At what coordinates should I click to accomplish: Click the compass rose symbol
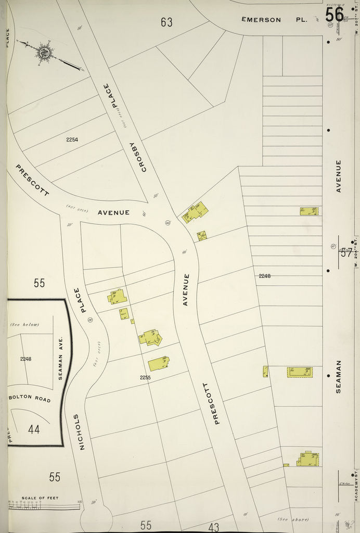pyautogui.click(x=44, y=52)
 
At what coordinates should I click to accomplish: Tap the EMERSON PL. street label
pyautogui.click(x=274, y=20)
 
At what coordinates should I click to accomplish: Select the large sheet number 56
pyautogui.click(x=335, y=14)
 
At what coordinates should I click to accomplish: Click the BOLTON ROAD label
pyautogui.click(x=29, y=400)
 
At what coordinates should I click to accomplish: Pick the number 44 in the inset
pyautogui.click(x=34, y=429)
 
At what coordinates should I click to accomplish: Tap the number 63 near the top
pyautogui.click(x=166, y=22)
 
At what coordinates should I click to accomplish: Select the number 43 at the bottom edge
pyautogui.click(x=213, y=527)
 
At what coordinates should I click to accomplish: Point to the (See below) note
pyautogui.click(x=25, y=325)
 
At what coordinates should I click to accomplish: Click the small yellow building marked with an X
pyautogui.click(x=202, y=236)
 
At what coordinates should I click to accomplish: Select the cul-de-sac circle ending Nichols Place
pyautogui.click(x=96, y=517)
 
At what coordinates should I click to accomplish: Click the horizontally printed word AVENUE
pyautogui.click(x=113, y=212)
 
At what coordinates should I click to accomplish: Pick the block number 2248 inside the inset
pyautogui.click(x=26, y=359)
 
